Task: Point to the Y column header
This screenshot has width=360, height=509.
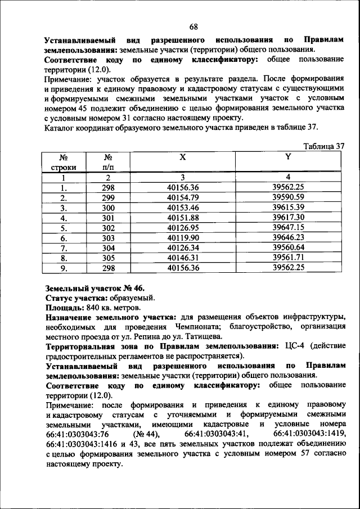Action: (287, 158)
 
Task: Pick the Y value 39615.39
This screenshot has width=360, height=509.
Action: (287, 208)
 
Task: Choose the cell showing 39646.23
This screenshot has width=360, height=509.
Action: (287, 238)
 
